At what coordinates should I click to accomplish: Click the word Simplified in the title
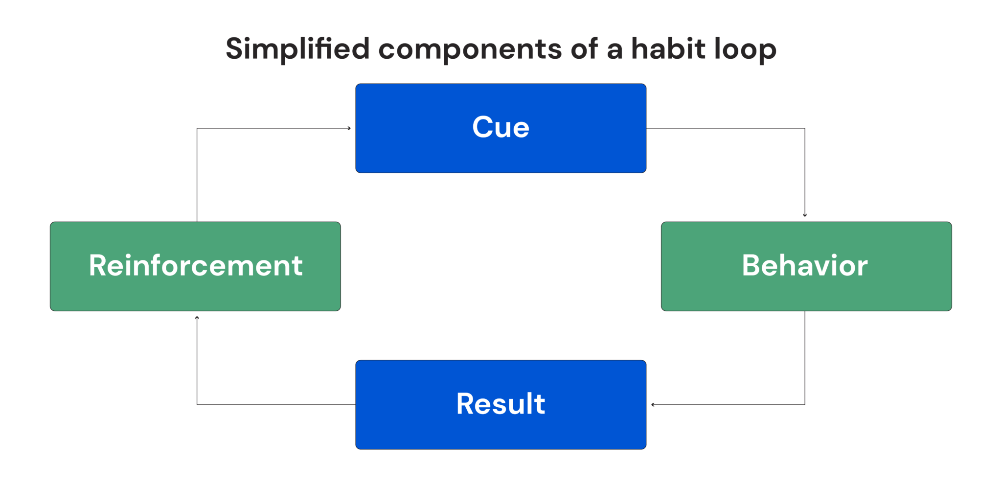pos(297,49)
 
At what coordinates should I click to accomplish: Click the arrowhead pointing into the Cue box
pos(349,128)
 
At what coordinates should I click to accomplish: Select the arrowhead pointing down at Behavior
pos(805,215)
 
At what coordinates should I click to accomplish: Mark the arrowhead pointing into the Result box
pos(653,405)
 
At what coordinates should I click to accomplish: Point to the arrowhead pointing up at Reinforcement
pos(197,318)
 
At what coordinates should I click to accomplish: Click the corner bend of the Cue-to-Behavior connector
pos(805,128)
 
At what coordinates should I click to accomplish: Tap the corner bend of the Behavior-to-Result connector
pos(805,405)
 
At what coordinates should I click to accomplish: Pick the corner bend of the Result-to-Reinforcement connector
pos(197,405)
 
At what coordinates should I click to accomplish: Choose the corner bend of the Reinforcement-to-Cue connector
pos(197,128)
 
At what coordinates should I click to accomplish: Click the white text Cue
pos(501,127)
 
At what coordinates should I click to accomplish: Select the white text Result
pos(501,404)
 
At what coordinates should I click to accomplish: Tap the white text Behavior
pos(805,265)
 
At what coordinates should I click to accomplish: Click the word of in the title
pos(584,49)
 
